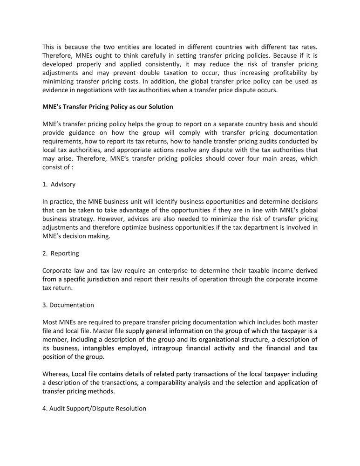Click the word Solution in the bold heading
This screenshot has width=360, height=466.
pos(160,107)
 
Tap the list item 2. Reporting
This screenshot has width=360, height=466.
pos(61,253)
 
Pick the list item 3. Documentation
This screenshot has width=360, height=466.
pos(68,305)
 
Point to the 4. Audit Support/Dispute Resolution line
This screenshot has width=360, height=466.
pos(94,408)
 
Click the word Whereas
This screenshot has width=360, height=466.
pos(56,374)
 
